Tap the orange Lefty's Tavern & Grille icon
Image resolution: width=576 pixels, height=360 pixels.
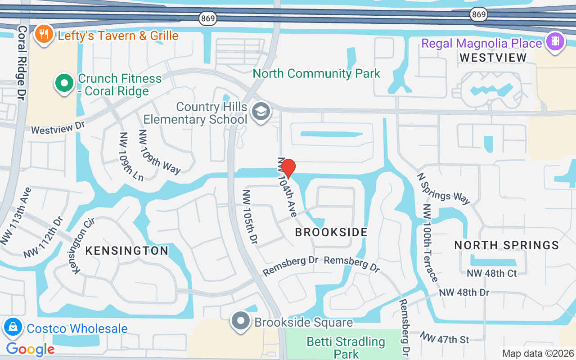(44, 34)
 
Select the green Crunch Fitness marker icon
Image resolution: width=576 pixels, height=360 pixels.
(64, 83)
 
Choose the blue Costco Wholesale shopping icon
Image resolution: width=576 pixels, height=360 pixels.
(13, 328)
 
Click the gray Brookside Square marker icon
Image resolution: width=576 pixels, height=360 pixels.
(241, 322)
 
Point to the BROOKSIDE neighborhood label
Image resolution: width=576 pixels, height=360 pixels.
(331, 232)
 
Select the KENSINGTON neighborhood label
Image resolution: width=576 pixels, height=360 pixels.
(127, 251)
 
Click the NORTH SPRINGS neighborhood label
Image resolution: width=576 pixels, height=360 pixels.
(506, 245)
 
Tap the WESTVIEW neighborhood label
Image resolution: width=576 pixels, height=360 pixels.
(493, 58)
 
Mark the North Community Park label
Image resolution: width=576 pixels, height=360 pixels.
(316, 73)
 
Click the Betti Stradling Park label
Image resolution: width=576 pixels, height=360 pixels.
(346, 347)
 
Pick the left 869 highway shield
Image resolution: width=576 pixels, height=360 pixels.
(207, 18)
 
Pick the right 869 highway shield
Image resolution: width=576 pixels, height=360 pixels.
(479, 15)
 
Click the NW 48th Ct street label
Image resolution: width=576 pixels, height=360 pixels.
(491, 273)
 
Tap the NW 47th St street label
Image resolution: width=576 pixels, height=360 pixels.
(445, 337)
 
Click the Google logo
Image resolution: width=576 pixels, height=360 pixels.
(30, 349)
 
